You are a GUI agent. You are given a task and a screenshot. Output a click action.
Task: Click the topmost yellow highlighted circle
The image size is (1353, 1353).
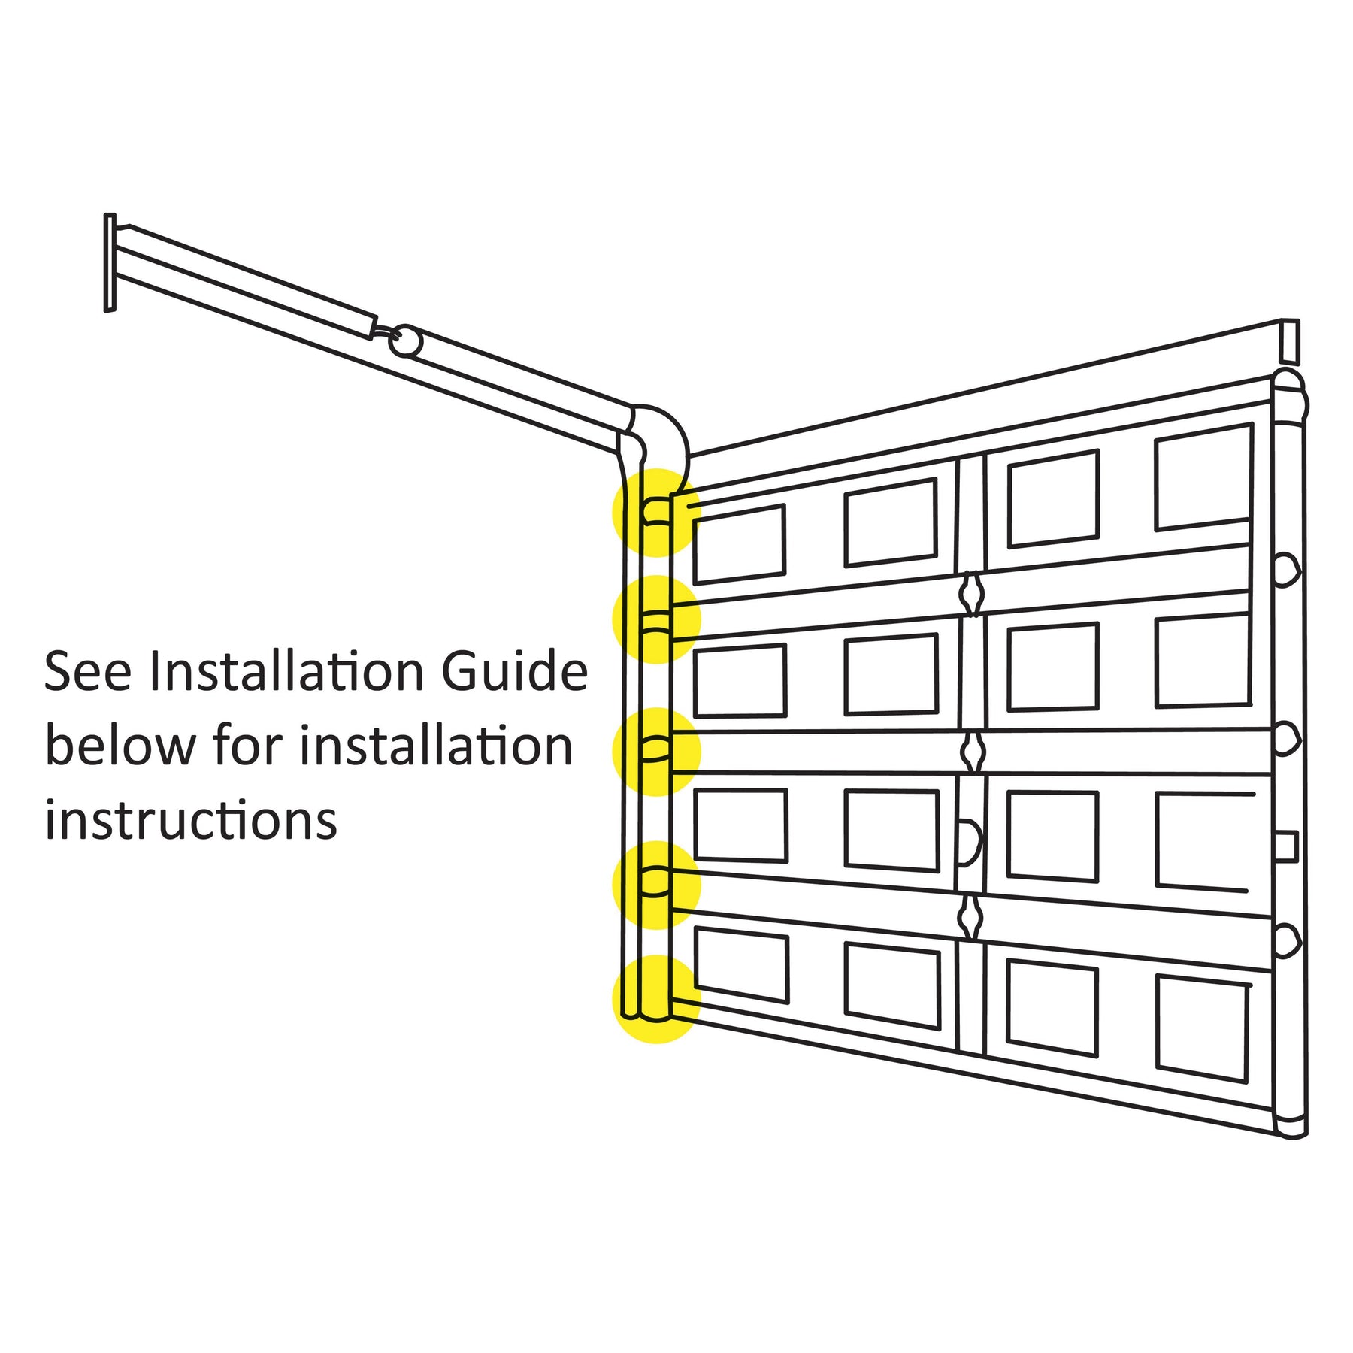tap(657, 513)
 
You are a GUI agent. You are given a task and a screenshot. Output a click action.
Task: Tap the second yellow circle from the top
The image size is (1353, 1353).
tap(657, 619)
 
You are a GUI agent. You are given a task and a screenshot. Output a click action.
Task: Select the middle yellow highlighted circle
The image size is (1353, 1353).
tap(657, 751)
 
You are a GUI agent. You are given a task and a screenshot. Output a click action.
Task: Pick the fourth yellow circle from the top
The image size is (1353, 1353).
tap(657, 885)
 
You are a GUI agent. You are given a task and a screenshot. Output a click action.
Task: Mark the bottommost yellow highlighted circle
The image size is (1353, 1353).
tap(657, 999)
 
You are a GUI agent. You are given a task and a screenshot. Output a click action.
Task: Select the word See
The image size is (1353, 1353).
tap(87, 671)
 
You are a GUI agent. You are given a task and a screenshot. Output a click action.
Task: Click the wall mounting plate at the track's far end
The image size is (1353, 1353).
tap(110, 262)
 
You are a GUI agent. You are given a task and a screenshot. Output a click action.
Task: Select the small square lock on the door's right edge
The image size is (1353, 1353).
tap(1286, 846)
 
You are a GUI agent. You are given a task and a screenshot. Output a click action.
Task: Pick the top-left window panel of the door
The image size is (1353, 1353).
tap(739, 543)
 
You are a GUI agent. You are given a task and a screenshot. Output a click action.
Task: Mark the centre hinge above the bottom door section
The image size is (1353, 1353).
tap(971, 916)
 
